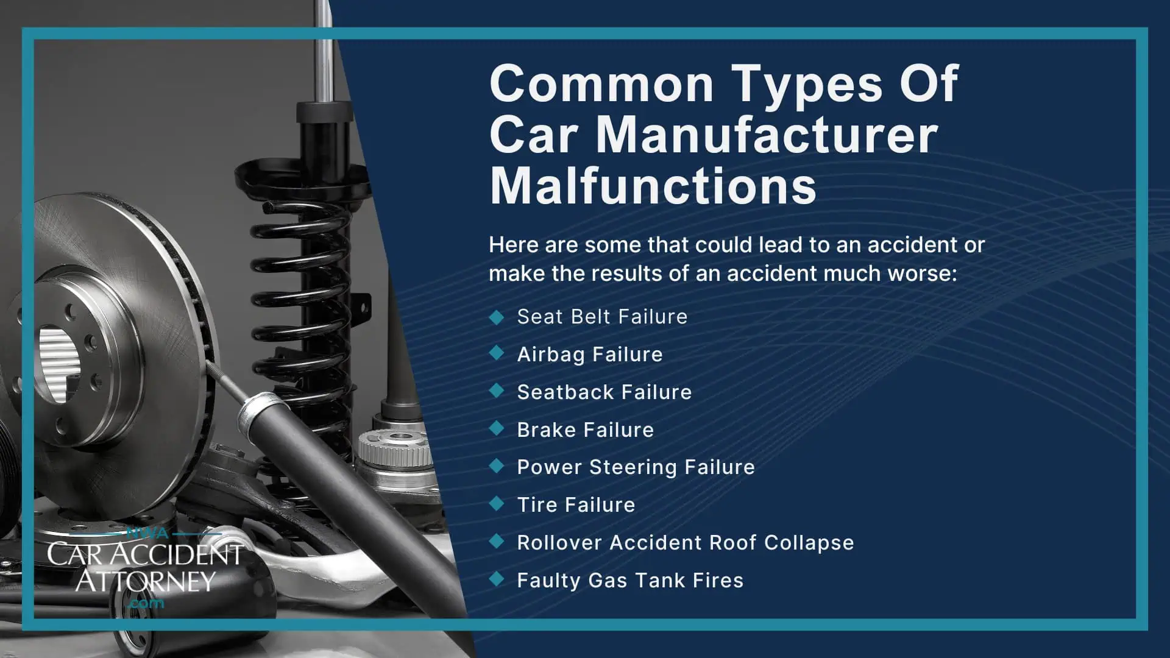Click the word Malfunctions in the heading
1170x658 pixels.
click(653, 186)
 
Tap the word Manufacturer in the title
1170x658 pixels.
click(767, 135)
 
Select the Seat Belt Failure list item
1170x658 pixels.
click(601, 317)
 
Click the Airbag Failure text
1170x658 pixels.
click(589, 355)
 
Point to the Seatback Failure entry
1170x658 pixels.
click(604, 392)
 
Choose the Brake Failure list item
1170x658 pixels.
click(585, 430)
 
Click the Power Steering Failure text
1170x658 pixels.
click(636, 467)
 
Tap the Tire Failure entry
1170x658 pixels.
click(576, 505)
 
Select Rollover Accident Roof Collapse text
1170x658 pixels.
click(685, 543)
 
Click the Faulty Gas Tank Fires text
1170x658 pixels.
click(630, 581)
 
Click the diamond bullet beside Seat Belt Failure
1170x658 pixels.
click(497, 317)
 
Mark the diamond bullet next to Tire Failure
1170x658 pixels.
click(497, 504)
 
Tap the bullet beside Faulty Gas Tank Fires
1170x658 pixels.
click(497, 579)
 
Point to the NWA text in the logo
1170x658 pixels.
click(147, 534)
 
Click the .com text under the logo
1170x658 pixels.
click(147, 603)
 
